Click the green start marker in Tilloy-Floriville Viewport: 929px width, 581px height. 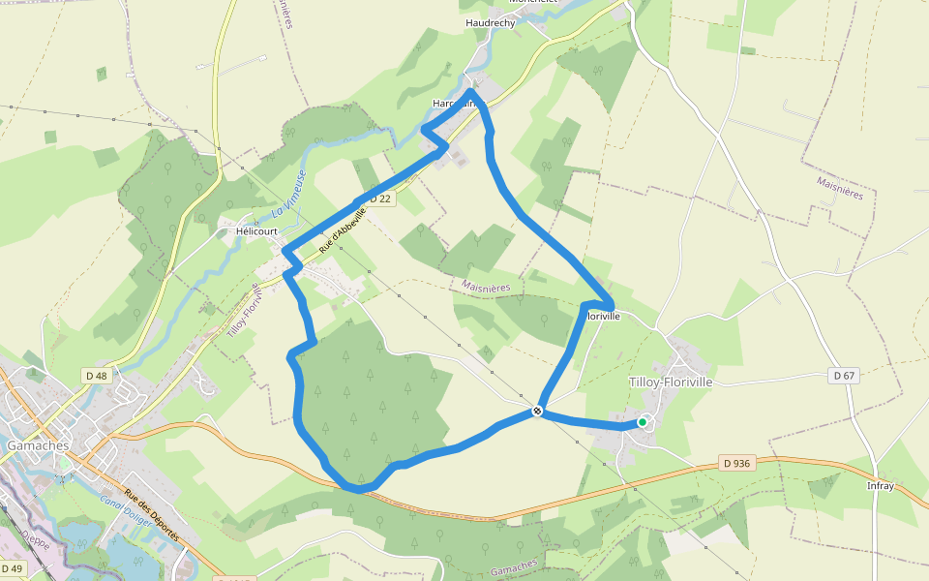tap(642, 422)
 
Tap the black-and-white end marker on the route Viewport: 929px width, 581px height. tap(537, 412)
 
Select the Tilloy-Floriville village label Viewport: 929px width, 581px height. tap(671, 382)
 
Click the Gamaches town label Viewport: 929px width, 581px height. tap(38, 445)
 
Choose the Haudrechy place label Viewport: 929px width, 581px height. tap(491, 22)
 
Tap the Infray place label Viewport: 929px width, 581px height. tap(881, 485)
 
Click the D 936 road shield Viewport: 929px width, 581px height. tap(736, 463)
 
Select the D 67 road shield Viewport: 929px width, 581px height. tap(844, 376)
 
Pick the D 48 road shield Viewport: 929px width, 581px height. tap(96, 376)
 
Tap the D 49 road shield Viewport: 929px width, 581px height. tap(13, 568)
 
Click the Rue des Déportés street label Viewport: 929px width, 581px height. tap(152, 513)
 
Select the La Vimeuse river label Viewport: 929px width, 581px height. tap(287, 194)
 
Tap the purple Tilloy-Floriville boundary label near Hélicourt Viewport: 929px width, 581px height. tap(241, 310)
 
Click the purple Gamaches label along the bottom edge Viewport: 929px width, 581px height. tap(513, 565)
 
